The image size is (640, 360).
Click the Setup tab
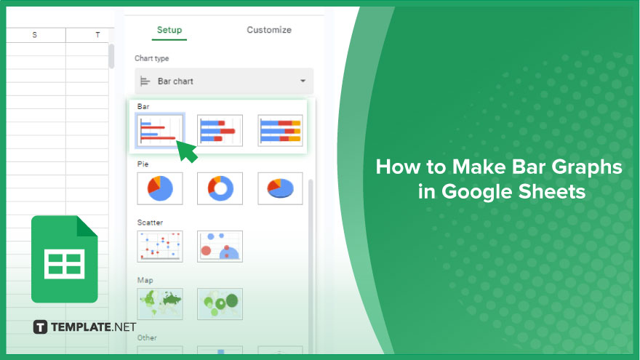click(x=169, y=30)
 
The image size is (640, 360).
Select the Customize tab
click(x=269, y=30)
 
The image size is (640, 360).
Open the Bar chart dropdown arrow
click(x=303, y=81)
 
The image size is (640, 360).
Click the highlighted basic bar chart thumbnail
click(x=160, y=130)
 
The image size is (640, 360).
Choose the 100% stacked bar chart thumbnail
click(x=281, y=130)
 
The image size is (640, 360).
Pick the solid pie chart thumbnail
click(x=160, y=188)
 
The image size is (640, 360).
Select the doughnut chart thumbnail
click(x=220, y=188)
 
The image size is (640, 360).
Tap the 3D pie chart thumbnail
click(x=281, y=188)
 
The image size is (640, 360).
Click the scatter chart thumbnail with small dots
click(x=160, y=246)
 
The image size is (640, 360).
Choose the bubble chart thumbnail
click(x=220, y=246)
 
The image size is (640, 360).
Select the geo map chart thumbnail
click(x=160, y=304)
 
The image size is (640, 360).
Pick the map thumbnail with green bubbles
click(x=220, y=304)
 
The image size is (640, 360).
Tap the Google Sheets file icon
click(x=65, y=259)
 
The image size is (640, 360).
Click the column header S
click(x=35, y=35)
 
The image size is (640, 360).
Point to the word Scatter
click(x=150, y=223)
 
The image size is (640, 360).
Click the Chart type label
click(x=151, y=58)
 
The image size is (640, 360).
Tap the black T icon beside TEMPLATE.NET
click(x=40, y=327)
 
